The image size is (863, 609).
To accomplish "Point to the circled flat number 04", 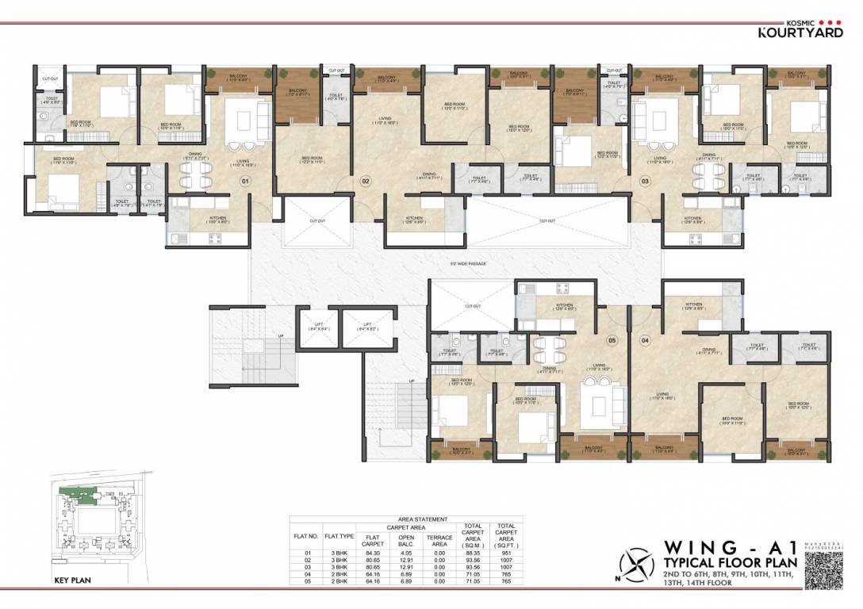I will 645,340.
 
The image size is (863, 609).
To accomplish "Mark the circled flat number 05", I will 612,340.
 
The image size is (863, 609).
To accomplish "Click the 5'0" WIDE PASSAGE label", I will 466,263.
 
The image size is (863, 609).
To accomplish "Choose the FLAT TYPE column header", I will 339,536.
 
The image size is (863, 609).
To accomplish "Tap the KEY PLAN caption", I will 72,580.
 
